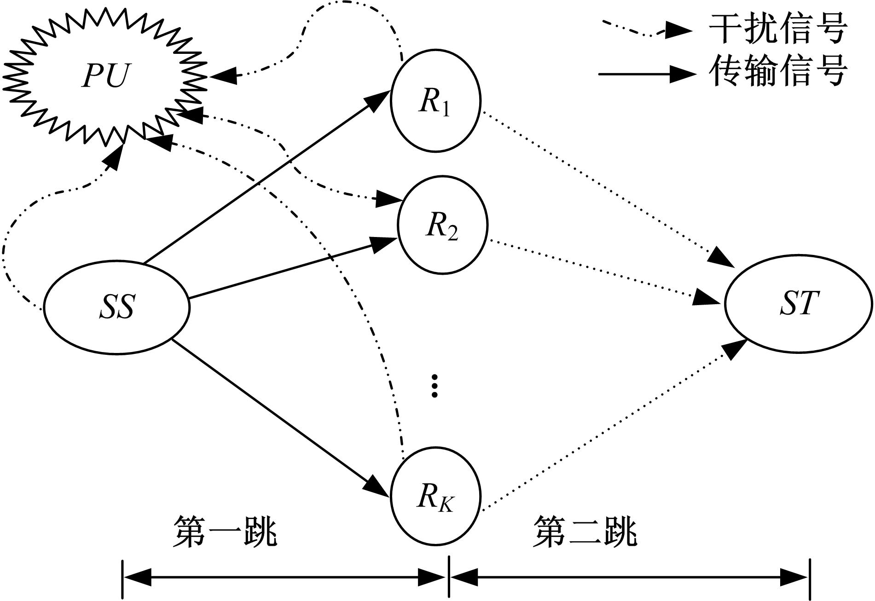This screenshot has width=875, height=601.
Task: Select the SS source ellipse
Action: click(117, 306)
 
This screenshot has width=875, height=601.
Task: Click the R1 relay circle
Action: click(435, 100)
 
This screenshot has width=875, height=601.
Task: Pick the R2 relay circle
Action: click(442, 225)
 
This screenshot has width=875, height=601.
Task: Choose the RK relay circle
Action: click(435, 497)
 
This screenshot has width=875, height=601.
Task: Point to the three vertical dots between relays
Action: click(434, 386)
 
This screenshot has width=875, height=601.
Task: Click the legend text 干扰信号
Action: click(778, 29)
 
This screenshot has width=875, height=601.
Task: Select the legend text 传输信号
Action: click(778, 71)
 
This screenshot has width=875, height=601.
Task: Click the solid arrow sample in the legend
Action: click(644, 74)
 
